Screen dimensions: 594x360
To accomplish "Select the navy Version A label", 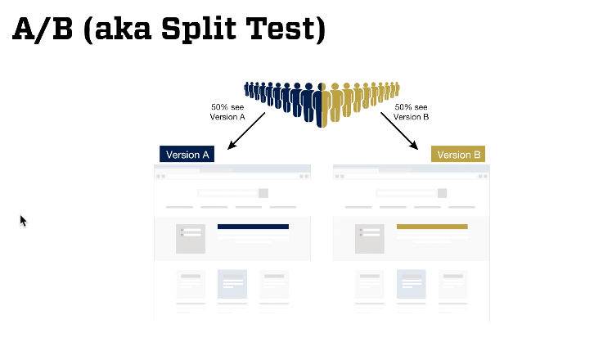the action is coord(187,155).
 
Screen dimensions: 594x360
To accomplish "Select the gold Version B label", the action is coord(458,155).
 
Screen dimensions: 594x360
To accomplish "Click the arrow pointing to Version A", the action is coord(246,131).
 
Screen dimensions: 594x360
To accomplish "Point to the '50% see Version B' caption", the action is coord(411,112).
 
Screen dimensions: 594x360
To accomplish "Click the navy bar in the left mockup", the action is coord(253,227).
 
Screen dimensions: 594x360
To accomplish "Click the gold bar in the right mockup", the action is coord(431,227).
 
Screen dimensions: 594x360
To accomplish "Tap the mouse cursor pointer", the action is coord(24,220).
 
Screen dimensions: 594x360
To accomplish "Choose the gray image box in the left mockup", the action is coord(191,238).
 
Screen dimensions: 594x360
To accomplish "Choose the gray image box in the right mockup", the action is coord(370,238).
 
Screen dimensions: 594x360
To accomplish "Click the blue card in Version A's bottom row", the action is coord(232,284).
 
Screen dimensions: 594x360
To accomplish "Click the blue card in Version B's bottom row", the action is coord(412,284).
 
